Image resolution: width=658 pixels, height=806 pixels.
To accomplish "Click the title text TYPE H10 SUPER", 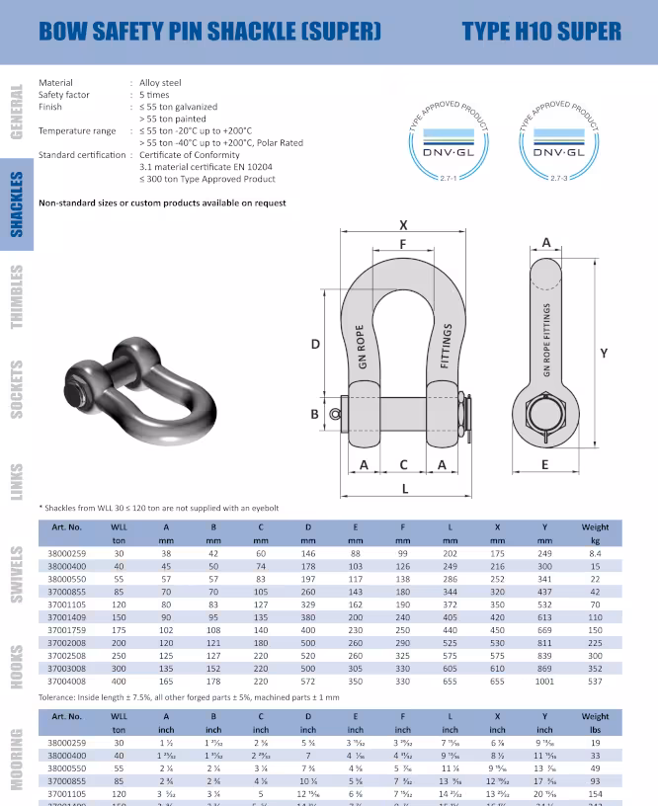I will (540, 31).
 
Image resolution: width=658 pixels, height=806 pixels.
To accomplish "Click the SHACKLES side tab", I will (17, 205).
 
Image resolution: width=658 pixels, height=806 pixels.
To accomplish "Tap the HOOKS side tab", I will (17, 667).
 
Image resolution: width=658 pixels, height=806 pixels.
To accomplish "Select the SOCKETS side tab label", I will (17, 388).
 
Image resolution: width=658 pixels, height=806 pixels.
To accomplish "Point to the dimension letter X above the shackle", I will (403, 224).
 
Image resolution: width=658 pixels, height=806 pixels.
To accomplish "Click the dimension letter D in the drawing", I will (315, 344).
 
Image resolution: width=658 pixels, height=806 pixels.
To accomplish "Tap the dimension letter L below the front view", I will (404, 489).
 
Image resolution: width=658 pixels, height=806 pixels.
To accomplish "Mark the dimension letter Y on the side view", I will (603, 353).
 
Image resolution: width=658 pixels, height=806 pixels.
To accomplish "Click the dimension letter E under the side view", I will (545, 463).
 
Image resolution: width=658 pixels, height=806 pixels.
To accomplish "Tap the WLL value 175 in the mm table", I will (119, 629).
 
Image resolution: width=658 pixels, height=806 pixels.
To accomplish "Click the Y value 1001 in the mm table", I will (545, 681).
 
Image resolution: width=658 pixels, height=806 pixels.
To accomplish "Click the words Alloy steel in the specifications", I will (160, 83).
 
